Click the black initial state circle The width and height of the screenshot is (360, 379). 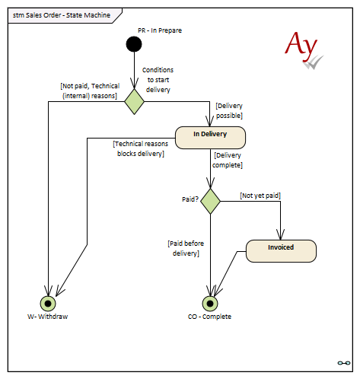[x=134, y=44]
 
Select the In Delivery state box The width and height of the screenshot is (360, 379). [x=210, y=138]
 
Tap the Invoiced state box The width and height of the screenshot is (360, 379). [x=281, y=251]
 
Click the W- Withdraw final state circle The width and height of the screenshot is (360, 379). [x=48, y=304]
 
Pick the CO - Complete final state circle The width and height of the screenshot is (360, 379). [x=210, y=304]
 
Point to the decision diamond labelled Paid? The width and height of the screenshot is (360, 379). [x=210, y=201]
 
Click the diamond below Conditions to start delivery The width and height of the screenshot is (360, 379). [x=134, y=101]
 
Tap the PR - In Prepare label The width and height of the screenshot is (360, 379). [x=160, y=30]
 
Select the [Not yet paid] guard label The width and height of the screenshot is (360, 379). [x=260, y=196]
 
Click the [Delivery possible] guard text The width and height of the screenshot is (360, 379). [x=229, y=110]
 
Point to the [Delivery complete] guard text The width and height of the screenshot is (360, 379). [x=228, y=160]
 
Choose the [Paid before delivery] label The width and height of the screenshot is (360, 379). [x=186, y=248]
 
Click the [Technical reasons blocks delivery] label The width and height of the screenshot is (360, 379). [x=141, y=148]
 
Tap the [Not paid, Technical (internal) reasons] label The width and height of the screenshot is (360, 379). [x=90, y=91]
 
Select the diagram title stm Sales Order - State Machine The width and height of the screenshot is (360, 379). [x=62, y=15]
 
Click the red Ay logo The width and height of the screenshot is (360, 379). [x=304, y=49]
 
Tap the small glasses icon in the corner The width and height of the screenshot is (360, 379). [x=344, y=363]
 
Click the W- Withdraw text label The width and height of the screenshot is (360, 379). [x=48, y=317]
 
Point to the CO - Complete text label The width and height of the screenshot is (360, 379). [x=209, y=317]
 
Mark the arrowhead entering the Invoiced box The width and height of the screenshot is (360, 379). [x=280, y=234]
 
